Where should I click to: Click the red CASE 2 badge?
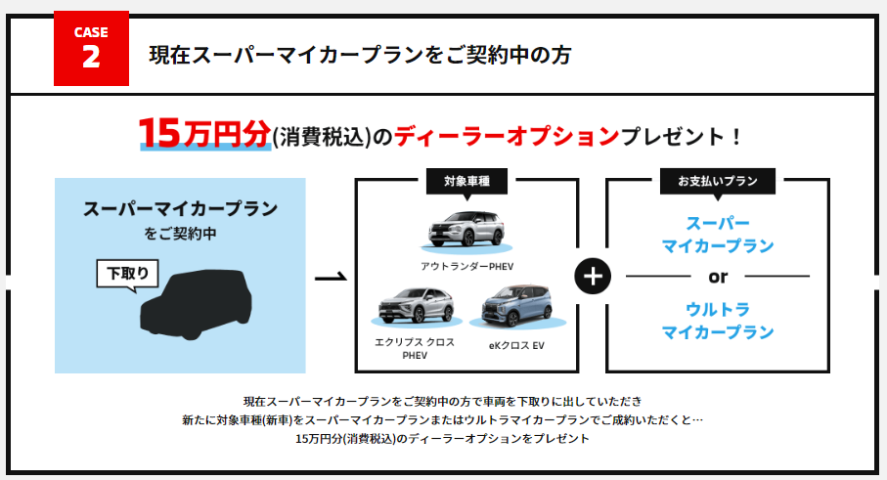coord(91,49)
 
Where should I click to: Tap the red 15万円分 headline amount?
coord(204,133)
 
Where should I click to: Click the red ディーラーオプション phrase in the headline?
coord(507,136)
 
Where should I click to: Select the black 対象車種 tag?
coord(466,182)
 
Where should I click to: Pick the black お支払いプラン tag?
coord(717,182)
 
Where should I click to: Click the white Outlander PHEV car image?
coord(466,230)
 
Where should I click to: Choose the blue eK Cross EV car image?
coord(517,306)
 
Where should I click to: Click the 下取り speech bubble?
coord(128,274)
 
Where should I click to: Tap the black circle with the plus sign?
coord(593,277)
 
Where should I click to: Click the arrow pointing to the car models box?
coord(331,277)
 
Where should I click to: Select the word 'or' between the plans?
coord(718,277)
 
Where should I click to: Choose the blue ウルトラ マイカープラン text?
coord(717,321)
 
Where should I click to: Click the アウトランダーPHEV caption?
coord(466,266)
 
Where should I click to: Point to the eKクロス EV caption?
coord(516,345)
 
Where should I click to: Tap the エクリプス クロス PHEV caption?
coord(415,348)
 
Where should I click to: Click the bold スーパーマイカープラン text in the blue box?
coord(181,208)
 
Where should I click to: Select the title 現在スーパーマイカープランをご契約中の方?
coord(360,55)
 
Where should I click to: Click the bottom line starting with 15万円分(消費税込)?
coord(442,438)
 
